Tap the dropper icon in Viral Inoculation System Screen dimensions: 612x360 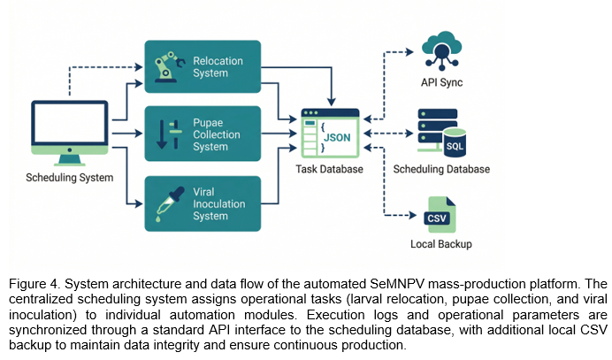170,203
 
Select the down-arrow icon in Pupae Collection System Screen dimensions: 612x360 162,134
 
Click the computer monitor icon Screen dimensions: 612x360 70,134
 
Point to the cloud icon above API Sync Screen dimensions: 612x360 441,50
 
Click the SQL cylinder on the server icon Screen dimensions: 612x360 455,143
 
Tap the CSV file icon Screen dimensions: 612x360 440,215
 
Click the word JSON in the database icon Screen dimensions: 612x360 337,137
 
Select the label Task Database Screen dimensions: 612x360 329,169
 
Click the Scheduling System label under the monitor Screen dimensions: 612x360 70,178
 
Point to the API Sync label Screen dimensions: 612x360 441,82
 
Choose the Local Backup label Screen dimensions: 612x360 441,244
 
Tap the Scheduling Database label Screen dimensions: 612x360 441,169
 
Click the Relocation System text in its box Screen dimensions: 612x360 218,66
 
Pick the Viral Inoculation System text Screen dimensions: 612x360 219,203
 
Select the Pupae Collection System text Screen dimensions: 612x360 216,134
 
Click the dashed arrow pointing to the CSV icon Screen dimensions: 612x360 385,181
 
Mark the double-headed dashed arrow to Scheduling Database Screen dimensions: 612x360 388,134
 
